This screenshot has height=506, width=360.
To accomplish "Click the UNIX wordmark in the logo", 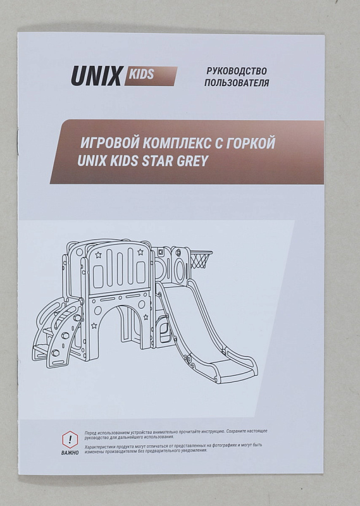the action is point(96,76).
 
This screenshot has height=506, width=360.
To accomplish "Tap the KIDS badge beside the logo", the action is point(151,76).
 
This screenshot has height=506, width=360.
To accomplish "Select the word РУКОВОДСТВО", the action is point(237,71).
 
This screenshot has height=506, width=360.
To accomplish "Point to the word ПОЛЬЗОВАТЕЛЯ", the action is point(237,83).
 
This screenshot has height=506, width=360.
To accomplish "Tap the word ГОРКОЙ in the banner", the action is point(250,143).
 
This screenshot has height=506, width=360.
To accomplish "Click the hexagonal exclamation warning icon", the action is point(70,440).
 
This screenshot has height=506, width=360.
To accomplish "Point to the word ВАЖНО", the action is point(70,453).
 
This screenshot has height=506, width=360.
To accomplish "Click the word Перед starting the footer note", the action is point(90,433).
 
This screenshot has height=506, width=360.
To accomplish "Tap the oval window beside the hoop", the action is point(180,267).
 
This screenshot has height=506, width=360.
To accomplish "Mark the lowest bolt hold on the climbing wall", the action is point(56,352).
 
